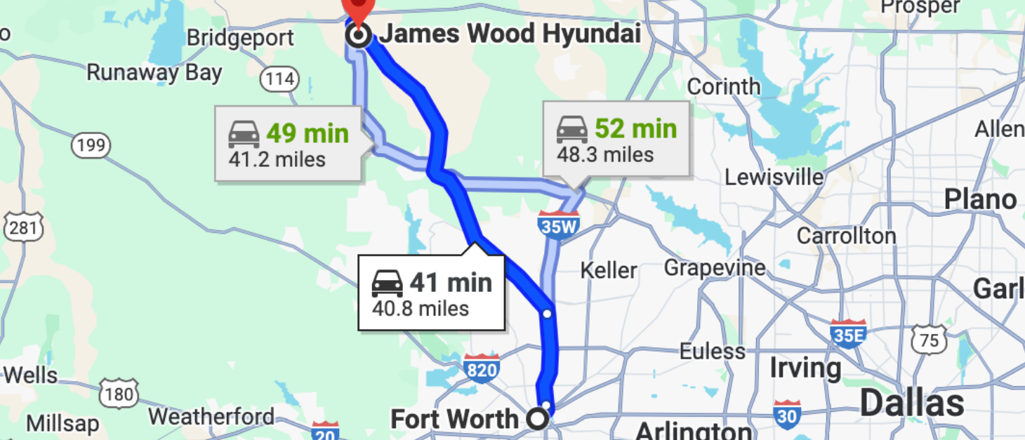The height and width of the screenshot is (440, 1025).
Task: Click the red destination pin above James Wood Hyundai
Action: click(358, 8)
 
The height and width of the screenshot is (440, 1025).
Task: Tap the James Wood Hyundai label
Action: click(510, 34)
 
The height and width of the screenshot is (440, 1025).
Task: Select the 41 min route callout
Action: click(431, 293)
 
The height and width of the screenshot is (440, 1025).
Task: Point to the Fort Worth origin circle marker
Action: click(537, 420)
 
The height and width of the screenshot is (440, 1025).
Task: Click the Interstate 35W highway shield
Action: click(559, 225)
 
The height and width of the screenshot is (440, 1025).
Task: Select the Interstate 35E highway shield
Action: click(848, 333)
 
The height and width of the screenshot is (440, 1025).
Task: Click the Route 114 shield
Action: click(279, 79)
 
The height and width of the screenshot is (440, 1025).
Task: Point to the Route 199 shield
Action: click(91, 146)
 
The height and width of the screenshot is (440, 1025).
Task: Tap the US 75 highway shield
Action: click(928, 340)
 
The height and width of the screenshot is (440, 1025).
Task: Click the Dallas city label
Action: click(912, 404)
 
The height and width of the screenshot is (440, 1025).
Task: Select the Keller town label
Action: click(609, 270)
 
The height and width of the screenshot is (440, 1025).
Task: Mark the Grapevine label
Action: click(715, 268)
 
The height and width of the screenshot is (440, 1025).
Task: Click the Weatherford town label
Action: click(211, 416)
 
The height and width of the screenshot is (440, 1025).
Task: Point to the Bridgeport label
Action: click(240, 37)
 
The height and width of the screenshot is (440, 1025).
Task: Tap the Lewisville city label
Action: click(774, 177)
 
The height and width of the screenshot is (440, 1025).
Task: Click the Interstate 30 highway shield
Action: click(787, 415)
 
